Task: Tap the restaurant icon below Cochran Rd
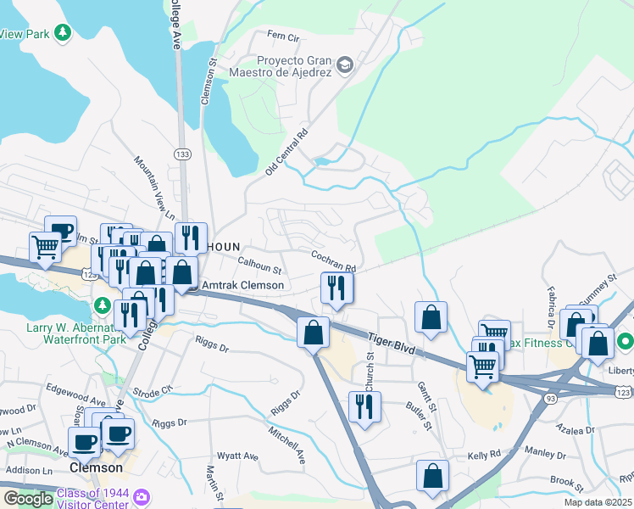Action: (x=336, y=289)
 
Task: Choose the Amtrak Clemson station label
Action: (x=242, y=285)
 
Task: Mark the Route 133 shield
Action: (x=181, y=154)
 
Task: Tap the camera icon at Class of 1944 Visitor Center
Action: (x=142, y=495)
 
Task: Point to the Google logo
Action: (x=28, y=498)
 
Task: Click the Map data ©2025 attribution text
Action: (x=598, y=502)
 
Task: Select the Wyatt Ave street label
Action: (x=239, y=456)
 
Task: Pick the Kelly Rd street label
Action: (x=484, y=456)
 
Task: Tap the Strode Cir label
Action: (x=153, y=391)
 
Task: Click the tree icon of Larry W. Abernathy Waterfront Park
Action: (x=103, y=304)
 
